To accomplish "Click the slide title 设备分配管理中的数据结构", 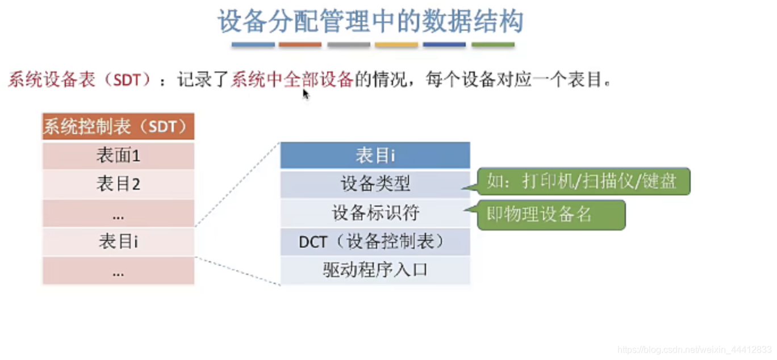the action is click(370, 22).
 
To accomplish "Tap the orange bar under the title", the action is click(300, 44).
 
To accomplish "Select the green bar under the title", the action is click(493, 44).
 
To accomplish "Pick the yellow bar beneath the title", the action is click(396, 44).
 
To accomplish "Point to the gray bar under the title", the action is click(349, 44).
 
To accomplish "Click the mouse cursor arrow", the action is click(306, 94).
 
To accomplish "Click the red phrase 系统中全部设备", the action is click(292, 79).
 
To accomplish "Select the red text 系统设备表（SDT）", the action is click(80, 79).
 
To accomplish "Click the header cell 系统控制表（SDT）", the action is click(118, 126).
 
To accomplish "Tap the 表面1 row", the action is click(118, 155).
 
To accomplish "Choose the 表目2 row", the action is click(118, 184).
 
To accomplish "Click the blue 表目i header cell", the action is click(375, 155).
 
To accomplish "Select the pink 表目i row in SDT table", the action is click(118, 242).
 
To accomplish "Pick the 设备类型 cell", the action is click(375, 184).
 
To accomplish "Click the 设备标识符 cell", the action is click(375, 213).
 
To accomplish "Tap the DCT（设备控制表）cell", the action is click(375, 242).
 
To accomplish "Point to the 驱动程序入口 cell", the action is click(375, 270).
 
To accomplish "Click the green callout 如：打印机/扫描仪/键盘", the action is click(583, 182).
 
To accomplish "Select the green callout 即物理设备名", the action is click(550, 215).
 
